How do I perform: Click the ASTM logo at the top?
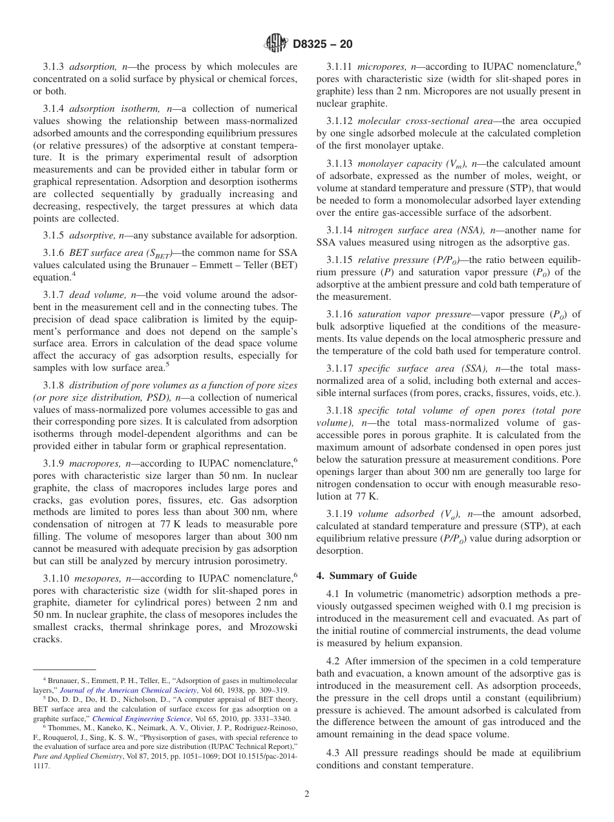coord(276,44)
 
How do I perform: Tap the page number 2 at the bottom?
coord(307,794)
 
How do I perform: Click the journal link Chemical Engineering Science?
coord(142,719)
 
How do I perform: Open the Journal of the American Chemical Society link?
coord(128,690)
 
